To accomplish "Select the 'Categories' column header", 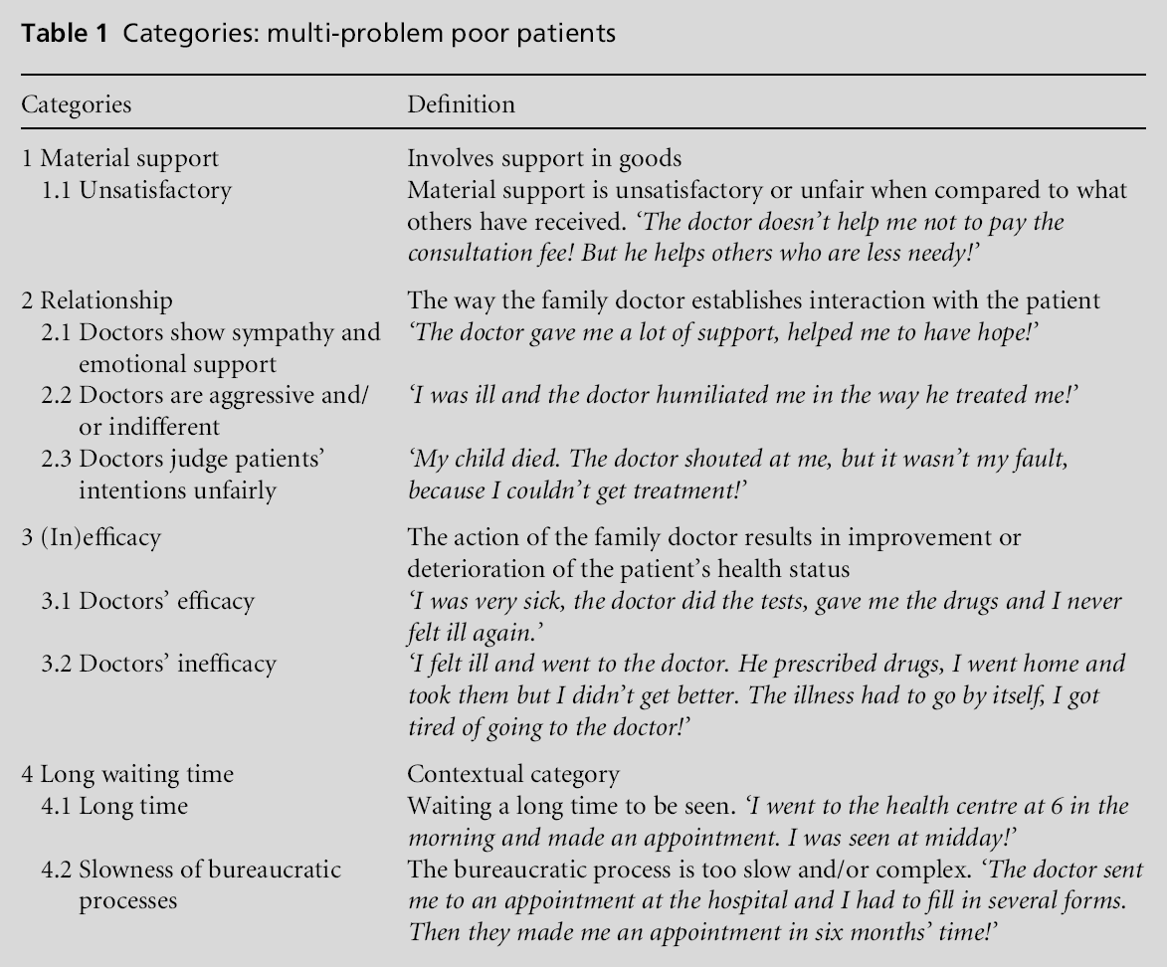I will click(77, 103).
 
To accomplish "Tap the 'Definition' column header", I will click(461, 103).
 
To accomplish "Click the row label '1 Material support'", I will click(120, 158).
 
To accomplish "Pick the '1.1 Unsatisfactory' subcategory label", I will click(136, 189).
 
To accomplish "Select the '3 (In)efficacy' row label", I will click(92, 538).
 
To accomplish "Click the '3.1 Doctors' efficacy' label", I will click(147, 601).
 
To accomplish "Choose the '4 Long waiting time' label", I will click(127, 774).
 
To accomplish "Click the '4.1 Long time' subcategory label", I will click(114, 806).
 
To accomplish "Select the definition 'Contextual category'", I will click(513, 774).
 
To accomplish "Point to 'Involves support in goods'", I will click(529, 158).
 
